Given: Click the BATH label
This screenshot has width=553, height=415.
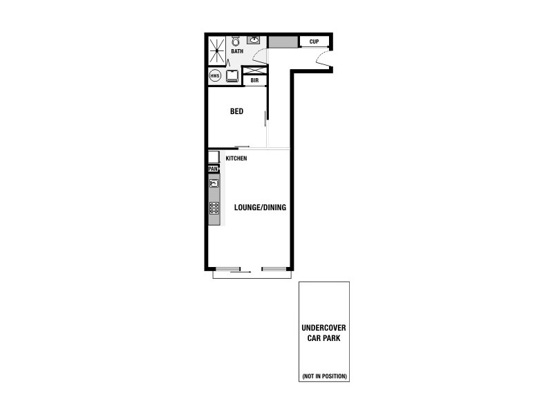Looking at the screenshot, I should point(237,51).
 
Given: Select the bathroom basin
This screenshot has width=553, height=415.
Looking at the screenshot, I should point(254,39).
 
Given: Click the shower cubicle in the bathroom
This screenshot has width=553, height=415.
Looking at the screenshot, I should point(216,50).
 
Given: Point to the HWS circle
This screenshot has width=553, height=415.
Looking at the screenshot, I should point(215,75).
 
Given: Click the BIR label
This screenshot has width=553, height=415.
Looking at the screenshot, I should point(254,80).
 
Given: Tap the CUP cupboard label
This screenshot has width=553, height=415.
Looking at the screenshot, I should point(314,41).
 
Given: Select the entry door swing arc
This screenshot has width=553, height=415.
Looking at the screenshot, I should point(324,60).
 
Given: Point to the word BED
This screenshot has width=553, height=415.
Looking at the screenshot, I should point(236,111).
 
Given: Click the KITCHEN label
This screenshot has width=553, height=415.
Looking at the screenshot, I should point(236,159).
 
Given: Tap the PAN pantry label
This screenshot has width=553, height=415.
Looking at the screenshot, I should point(213,168).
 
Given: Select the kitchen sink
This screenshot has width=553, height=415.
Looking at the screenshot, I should point(214,183).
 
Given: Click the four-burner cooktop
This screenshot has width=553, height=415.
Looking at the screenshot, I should point(214,207).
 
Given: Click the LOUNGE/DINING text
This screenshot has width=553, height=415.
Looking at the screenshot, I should point(260,207).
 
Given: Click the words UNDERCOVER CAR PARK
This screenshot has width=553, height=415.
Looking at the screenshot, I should point(324,333).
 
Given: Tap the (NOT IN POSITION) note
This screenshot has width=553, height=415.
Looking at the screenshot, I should point(324,376).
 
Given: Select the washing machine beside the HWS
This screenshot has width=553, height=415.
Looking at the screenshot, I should point(232,76).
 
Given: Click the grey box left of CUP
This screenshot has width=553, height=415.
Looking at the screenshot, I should point(283,41).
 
